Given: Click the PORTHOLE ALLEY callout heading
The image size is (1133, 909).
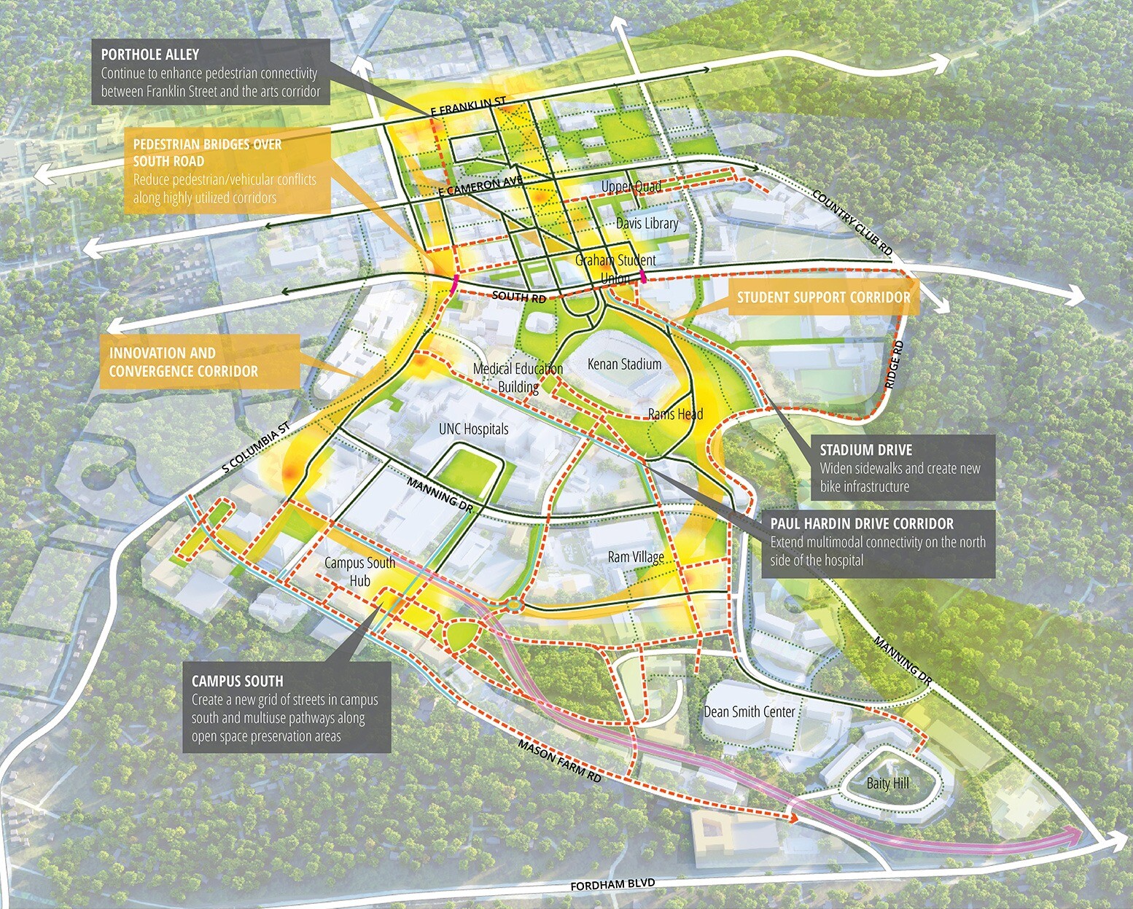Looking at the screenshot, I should tap(150, 55).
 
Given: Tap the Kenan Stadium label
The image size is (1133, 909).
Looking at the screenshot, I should tap(624, 364).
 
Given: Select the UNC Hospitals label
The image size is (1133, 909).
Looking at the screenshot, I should tap(473, 429).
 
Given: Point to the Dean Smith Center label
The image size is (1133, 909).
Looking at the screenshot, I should tap(749, 711).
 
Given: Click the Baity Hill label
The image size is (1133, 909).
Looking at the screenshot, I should tap(888, 784).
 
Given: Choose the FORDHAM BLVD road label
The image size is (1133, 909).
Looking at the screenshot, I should tap(612, 886).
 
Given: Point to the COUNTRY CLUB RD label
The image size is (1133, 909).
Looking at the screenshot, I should tap(852, 222).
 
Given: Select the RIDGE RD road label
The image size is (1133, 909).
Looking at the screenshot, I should tap(897, 363).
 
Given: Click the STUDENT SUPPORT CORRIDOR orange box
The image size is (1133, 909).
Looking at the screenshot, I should tap(823, 297).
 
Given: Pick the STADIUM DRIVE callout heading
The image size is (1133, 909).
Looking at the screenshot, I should tap(865, 450).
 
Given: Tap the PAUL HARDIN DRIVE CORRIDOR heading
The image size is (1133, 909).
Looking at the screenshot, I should tap(862, 523).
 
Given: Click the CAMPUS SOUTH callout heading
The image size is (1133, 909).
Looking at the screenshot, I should tap(237, 681).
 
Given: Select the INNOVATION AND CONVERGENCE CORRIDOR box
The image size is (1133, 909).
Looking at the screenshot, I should tap(184, 362).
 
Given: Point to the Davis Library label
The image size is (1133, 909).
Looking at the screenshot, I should tap(647, 223).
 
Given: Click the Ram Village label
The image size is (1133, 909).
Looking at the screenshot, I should tap(636, 557).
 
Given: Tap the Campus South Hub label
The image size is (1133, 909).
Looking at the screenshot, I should tap(359, 571).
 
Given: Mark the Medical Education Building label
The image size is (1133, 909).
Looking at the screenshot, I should tap(518, 378).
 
